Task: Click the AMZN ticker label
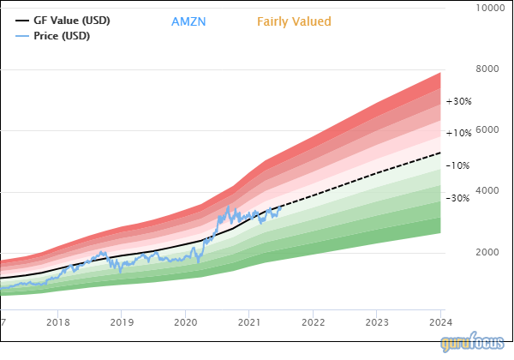tap(190, 21)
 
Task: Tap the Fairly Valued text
tap(294, 21)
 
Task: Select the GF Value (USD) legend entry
tap(71, 20)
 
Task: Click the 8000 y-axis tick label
tap(487, 69)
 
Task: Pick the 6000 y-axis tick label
tap(487, 130)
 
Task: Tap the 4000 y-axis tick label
tap(487, 192)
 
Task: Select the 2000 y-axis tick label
tap(487, 253)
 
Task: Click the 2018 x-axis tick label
tap(58, 322)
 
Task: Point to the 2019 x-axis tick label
tap(122, 322)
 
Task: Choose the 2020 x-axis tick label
tap(185, 322)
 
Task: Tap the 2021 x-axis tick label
tap(248, 322)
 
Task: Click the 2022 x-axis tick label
tap(313, 322)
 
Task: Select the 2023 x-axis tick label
tap(376, 322)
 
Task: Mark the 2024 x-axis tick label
tap(439, 322)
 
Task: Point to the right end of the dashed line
tap(441, 153)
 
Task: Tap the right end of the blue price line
tap(282, 206)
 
